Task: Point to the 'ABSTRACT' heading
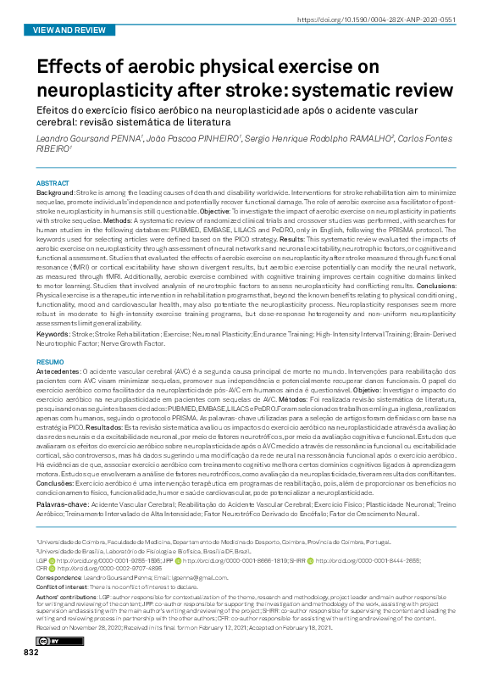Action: (x=53, y=183)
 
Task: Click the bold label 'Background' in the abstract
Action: (x=55, y=193)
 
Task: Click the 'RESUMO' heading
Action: (x=50, y=361)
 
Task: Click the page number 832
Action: (x=31, y=651)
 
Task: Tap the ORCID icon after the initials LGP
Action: (x=51, y=559)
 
